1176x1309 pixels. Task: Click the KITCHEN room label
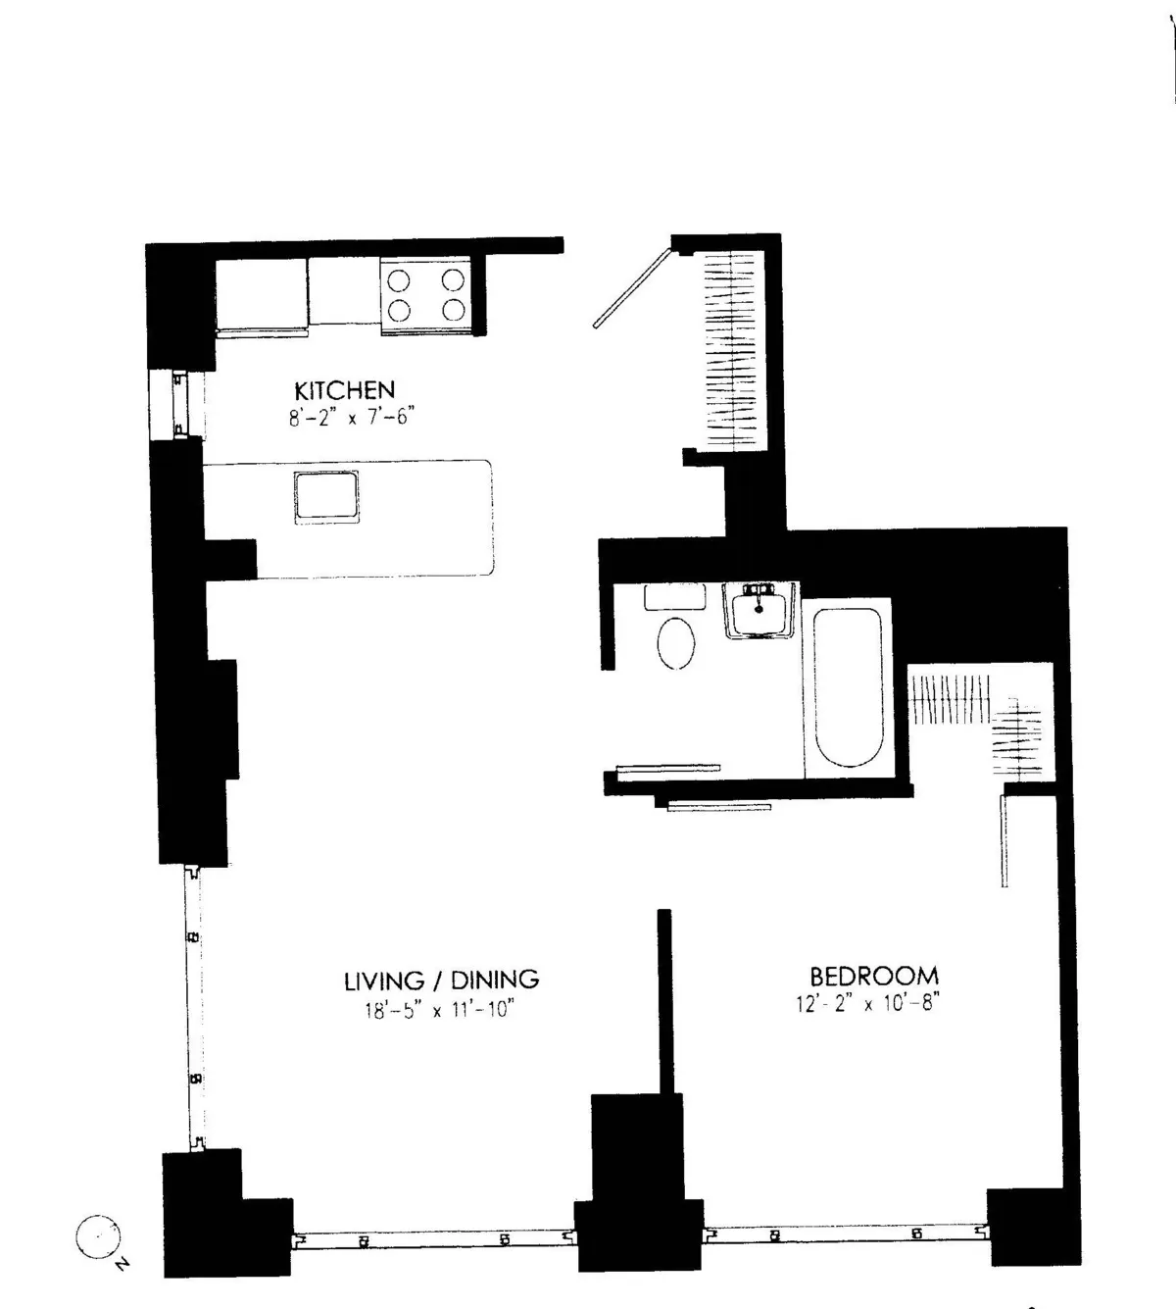(344, 390)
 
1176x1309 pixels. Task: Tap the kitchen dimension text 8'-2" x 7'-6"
(346, 417)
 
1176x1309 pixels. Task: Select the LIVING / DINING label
(441, 980)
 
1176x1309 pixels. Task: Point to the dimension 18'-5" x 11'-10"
(440, 1010)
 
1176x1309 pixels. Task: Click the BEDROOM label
(873, 977)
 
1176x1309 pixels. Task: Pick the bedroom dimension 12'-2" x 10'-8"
(868, 1004)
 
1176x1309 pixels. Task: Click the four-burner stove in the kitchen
(425, 295)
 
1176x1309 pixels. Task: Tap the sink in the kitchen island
(326, 497)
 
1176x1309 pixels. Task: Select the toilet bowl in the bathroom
(675, 642)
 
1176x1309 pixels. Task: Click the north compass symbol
(97, 1238)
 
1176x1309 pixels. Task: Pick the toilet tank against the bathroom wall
(674, 596)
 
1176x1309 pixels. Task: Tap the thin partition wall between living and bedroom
(664, 1000)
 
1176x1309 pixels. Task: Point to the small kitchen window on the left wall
(177, 405)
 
